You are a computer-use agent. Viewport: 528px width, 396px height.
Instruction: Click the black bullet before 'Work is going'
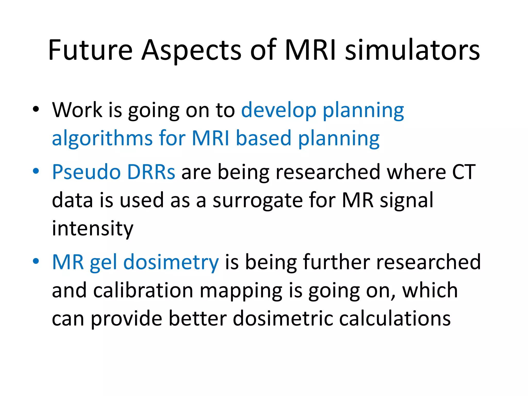[36, 109]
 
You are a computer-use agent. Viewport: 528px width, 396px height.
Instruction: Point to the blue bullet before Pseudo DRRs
[36, 171]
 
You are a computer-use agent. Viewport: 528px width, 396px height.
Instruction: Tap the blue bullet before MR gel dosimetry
[36, 261]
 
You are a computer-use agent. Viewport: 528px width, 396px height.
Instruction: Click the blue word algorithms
[102, 139]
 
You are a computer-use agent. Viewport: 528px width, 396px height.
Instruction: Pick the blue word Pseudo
[86, 172]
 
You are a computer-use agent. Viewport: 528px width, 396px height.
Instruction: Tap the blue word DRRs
[151, 172]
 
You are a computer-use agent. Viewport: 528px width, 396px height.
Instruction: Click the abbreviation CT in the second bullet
[464, 172]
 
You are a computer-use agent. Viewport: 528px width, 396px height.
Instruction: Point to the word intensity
[93, 229]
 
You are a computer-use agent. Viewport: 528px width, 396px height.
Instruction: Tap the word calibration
[143, 291]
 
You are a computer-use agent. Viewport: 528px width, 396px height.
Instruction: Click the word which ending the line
[430, 291]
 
